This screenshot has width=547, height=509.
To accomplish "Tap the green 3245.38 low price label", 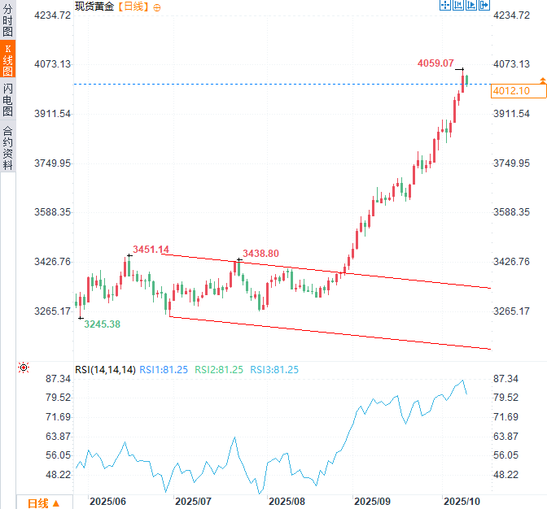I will click(102, 324).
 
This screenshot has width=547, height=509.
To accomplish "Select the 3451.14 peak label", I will click(151, 249).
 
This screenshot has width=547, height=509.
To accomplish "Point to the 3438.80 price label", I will click(260, 254).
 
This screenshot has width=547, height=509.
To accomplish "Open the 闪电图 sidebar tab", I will click(7, 99).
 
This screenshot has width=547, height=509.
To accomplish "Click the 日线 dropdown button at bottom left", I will click(43, 502).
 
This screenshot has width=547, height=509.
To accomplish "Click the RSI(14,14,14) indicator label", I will click(105, 369).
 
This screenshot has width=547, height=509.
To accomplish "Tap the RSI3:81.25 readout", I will click(273, 369).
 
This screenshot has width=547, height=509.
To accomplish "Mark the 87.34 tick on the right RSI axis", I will click(505, 379).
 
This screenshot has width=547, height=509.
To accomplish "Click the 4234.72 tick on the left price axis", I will click(52, 15).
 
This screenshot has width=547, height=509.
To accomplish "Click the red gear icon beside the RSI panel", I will click(23, 368).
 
